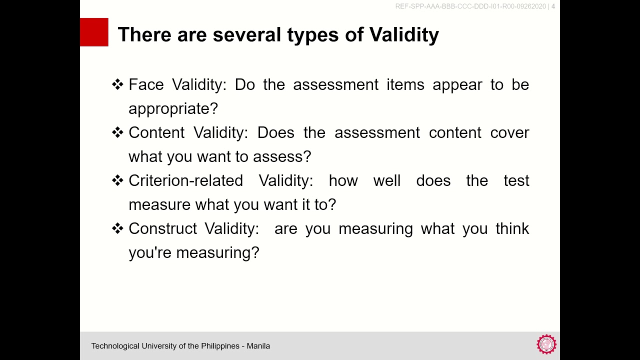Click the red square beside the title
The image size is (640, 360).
94,32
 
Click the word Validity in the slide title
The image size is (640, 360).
404,34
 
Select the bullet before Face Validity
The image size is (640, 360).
117,84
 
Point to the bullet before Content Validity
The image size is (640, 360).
117,132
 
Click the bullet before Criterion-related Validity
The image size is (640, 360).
117,180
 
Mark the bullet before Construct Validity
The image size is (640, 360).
117,228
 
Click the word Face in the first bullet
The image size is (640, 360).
146,84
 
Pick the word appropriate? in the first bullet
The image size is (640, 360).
173,108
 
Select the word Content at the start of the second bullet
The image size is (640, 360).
156,132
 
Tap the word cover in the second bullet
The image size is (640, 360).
509,132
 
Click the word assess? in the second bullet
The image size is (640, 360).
282,156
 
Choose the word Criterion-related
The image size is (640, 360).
185,180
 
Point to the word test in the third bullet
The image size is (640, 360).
516,180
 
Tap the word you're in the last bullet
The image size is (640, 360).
149,252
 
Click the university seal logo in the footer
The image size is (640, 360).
546,344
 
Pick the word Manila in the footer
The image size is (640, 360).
259,346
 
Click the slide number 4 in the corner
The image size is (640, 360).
553,6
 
